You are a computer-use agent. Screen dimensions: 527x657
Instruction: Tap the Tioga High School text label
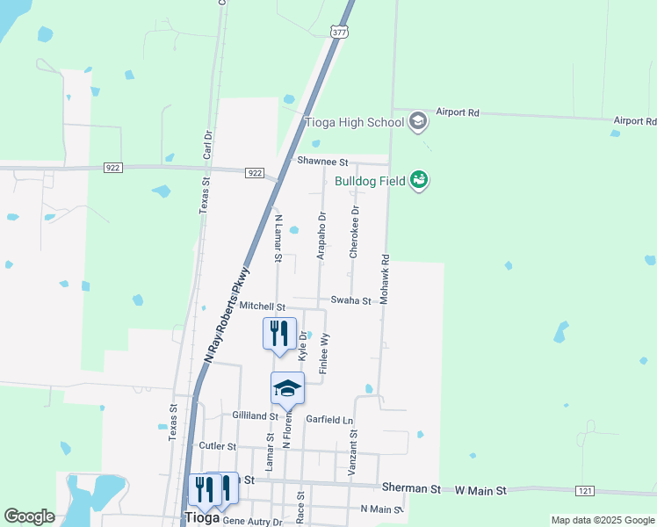coord(353,122)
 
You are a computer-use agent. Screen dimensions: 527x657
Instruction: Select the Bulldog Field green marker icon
coord(419,181)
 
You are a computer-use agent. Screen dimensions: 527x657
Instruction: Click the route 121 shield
coord(585,489)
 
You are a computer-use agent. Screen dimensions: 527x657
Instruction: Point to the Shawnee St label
coord(322,162)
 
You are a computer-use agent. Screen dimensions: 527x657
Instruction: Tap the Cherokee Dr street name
coord(355,232)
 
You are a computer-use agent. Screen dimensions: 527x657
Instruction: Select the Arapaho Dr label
coord(321,234)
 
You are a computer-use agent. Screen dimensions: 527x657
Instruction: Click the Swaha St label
coord(351,300)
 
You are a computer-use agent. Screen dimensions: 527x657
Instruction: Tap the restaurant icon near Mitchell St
coord(279,334)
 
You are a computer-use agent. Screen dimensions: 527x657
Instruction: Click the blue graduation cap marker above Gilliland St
coord(287,388)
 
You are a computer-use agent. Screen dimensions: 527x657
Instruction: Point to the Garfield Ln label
coord(329,419)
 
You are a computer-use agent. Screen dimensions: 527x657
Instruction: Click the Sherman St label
coord(411,487)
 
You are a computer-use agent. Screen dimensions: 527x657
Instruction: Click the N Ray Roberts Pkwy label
coord(227,315)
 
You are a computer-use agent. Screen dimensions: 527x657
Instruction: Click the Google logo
coord(29,516)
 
